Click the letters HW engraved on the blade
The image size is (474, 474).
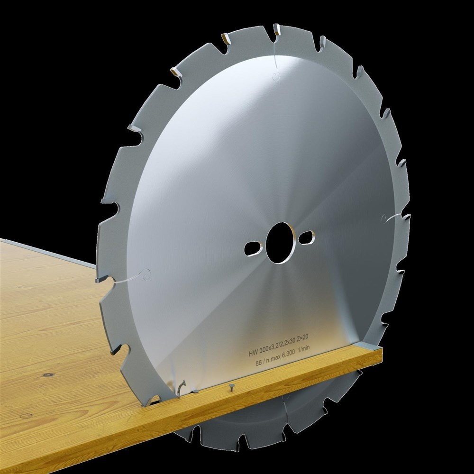coord(253,354)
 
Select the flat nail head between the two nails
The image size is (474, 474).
coord(194,391)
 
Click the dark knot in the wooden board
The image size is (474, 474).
coord(47,375)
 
